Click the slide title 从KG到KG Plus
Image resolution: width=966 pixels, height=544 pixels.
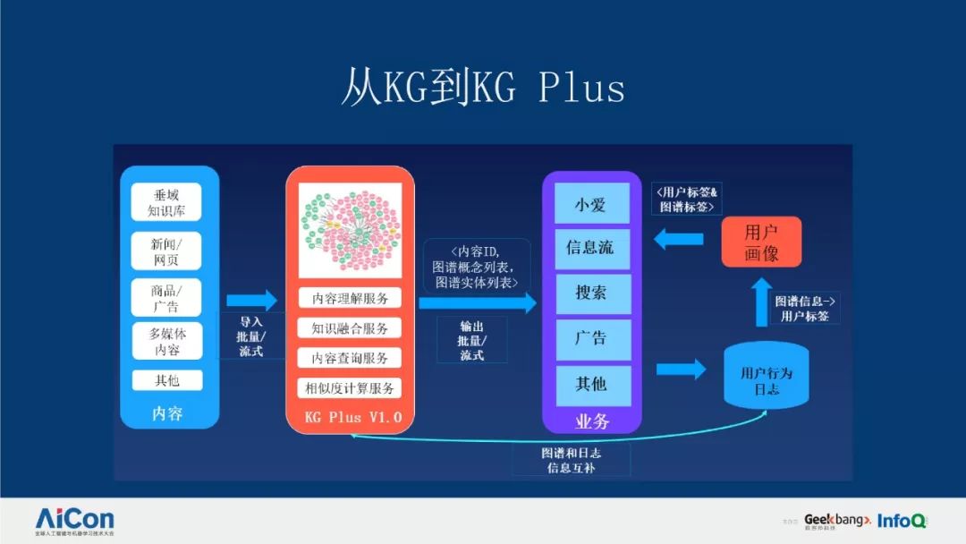(482, 88)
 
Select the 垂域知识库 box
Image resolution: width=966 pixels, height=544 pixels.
(165, 202)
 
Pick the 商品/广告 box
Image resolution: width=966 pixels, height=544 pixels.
(165, 297)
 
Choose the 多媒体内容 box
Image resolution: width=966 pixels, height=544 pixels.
(165, 341)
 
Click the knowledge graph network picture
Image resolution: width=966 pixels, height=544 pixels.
(351, 232)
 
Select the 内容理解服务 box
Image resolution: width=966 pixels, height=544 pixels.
(351, 298)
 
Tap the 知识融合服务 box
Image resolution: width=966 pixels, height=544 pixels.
(351, 327)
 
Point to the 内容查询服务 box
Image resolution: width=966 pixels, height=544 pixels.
(351, 358)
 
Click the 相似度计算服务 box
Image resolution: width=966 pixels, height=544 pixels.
(351, 388)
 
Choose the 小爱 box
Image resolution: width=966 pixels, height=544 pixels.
(590, 204)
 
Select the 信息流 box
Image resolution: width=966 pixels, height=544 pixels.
(590, 248)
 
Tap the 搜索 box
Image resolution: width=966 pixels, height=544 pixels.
(590, 293)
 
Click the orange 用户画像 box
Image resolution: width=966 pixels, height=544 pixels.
(761, 242)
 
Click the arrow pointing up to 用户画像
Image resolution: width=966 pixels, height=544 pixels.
(760, 300)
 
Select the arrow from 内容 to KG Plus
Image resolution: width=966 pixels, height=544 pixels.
(251, 300)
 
